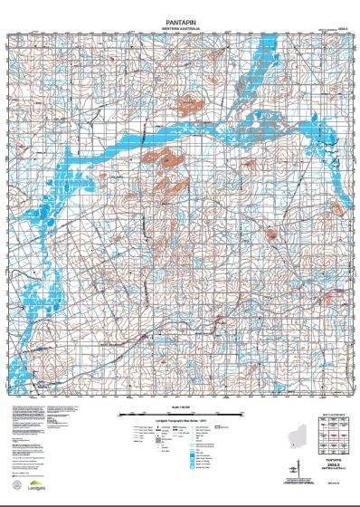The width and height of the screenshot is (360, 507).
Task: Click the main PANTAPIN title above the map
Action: pyautogui.click(x=180, y=18)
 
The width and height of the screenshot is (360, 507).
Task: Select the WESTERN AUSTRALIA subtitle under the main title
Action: pyautogui.click(x=180, y=27)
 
